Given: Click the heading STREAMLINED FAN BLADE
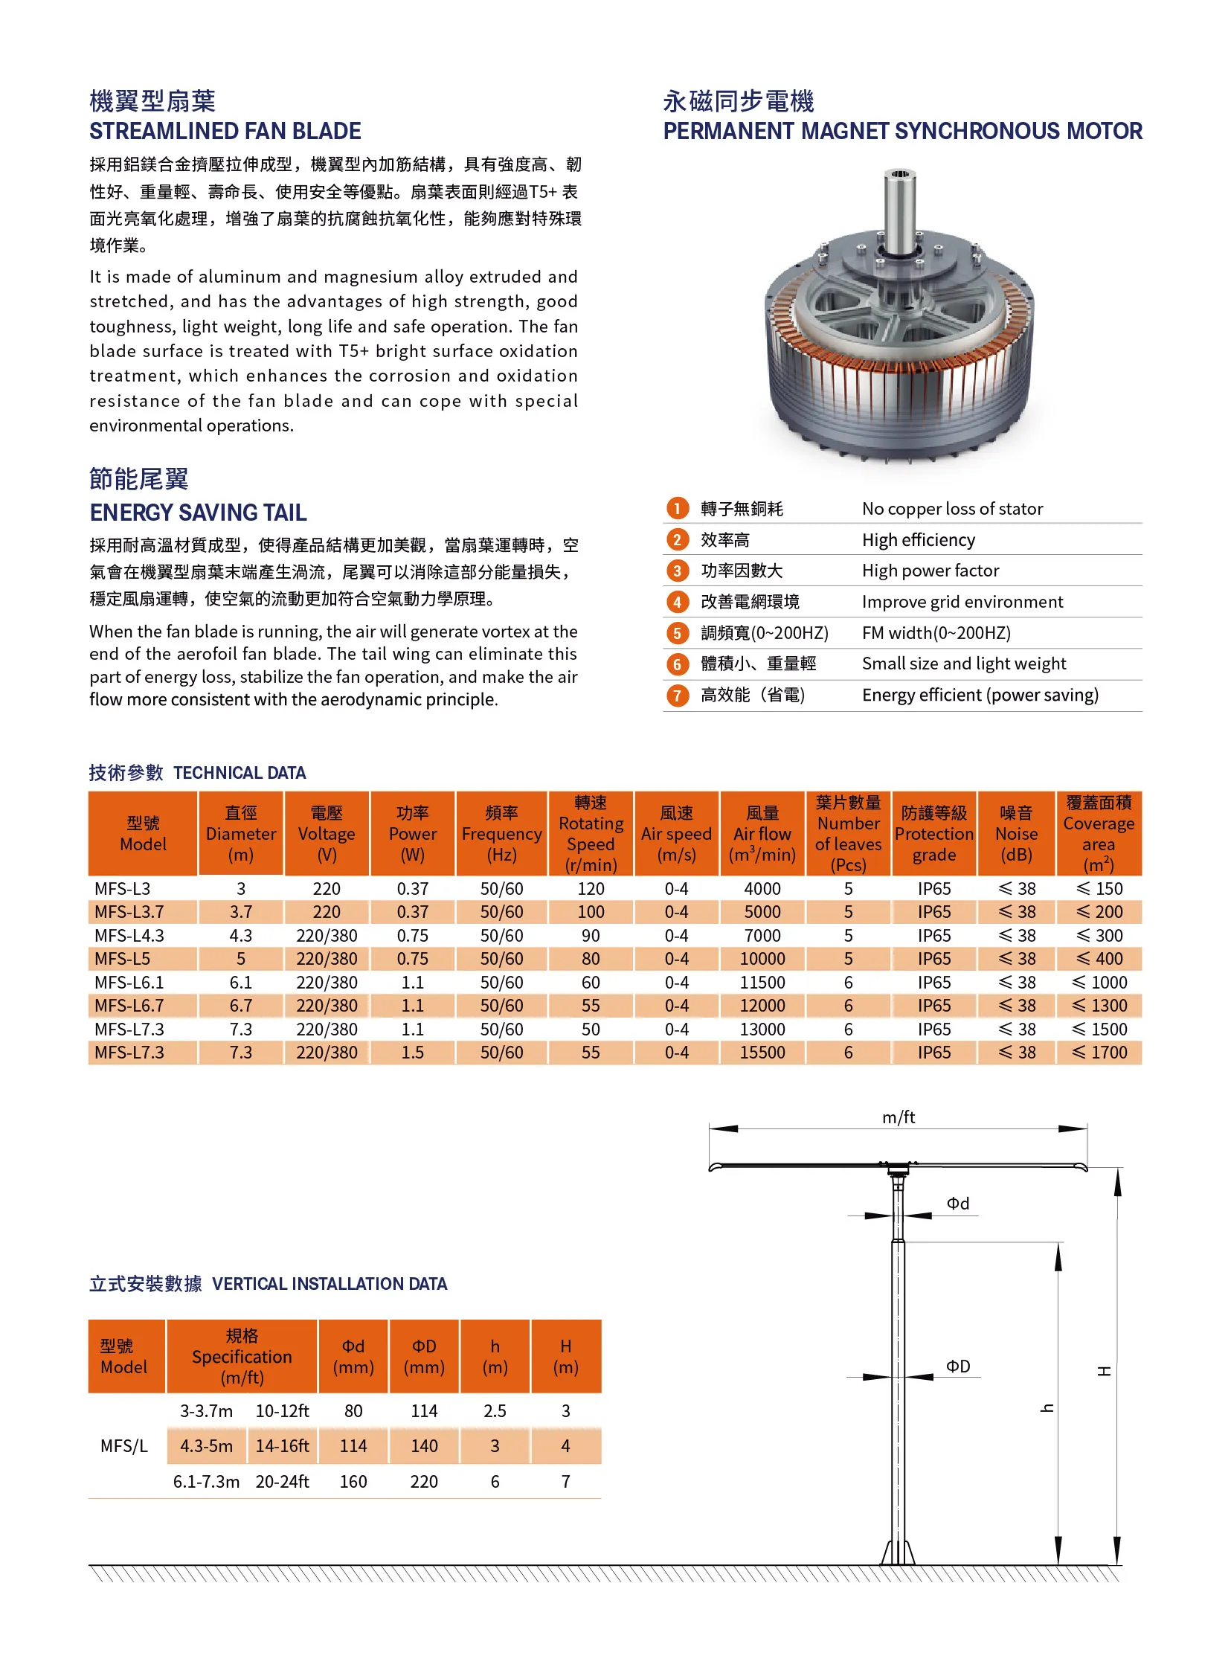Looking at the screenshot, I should point(225,131).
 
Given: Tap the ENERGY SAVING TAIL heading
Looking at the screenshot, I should point(198,513).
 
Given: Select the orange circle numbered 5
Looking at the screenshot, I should point(677,634).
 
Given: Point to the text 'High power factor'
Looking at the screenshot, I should point(930,571).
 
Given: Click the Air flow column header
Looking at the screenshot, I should point(762,834).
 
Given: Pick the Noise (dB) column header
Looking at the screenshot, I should point(1016,834).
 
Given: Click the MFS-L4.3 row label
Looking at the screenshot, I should point(129,935).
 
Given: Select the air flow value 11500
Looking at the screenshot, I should point(762,982).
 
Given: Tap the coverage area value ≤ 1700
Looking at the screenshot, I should point(1099,1053).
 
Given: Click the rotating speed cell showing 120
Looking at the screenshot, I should point(591,888).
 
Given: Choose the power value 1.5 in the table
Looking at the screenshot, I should point(412,1053).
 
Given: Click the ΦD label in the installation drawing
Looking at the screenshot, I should point(958,1366).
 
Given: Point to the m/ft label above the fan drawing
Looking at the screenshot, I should point(899,1117).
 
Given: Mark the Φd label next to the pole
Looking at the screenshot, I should point(958,1204).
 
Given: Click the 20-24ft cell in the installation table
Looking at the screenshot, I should point(283,1482).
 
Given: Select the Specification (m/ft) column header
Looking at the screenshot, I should point(242,1356).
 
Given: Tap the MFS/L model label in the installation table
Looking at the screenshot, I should point(124,1445).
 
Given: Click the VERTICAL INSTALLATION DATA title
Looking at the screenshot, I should point(330,1284).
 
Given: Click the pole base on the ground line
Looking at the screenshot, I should point(898,1553).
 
